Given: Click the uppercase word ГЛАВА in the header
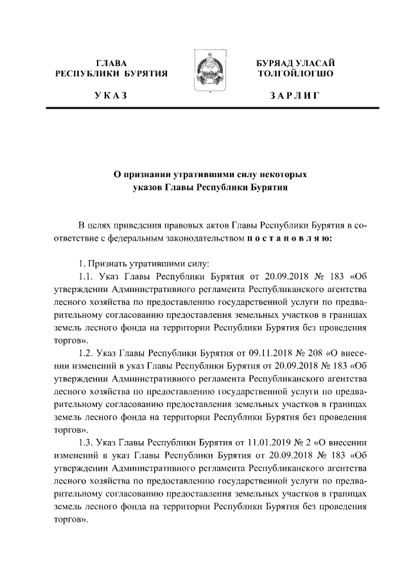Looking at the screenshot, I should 111,63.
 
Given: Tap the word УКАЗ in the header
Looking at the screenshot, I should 111,96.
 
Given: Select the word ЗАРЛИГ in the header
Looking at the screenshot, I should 295,96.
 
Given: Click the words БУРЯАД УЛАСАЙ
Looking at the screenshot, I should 295,63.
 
